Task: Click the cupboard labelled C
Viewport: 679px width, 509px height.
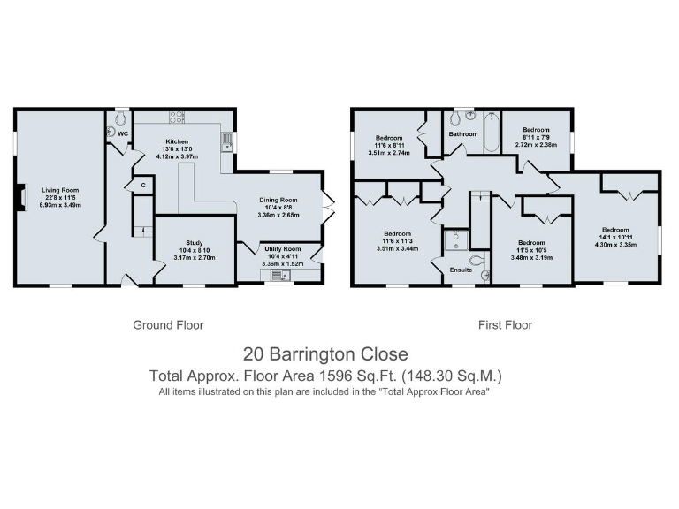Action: (141, 186)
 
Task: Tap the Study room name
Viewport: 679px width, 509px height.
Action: (195, 242)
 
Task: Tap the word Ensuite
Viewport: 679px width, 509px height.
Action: (461, 270)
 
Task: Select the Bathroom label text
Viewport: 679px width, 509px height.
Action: (462, 134)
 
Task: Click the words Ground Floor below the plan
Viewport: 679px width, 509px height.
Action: (168, 325)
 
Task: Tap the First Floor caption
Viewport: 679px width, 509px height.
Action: (505, 325)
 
